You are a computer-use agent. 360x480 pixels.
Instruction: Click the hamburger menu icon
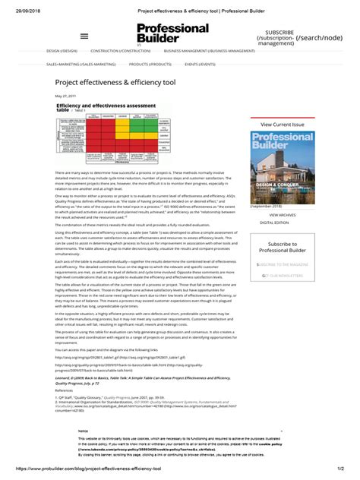84,36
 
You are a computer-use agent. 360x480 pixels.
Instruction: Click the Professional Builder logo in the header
172,33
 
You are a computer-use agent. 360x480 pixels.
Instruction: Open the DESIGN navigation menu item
62,52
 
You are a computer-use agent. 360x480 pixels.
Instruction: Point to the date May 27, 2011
65,97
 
